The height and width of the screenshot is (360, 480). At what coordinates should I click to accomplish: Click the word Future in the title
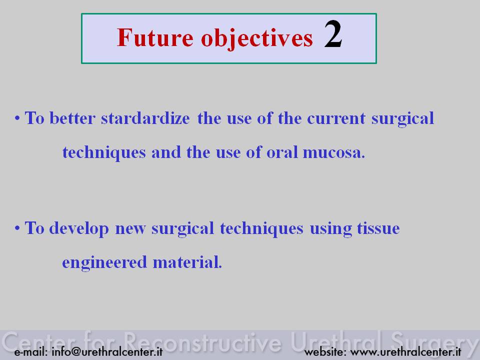155,37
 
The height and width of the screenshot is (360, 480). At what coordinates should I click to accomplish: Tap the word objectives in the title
257,39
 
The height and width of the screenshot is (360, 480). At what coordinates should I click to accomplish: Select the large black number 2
333,34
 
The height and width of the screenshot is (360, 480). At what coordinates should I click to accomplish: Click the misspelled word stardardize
145,118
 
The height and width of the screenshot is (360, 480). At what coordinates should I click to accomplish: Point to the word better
72,118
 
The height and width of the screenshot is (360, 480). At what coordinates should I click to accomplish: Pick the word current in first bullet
336,119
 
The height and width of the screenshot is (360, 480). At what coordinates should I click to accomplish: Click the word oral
282,152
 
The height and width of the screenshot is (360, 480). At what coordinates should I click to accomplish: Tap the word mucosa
333,153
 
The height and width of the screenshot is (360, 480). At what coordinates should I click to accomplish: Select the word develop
79,229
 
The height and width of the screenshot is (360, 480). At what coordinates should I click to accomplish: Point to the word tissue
378,228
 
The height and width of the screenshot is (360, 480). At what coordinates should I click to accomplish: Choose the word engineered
104,263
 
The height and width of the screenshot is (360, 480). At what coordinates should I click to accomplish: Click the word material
187,262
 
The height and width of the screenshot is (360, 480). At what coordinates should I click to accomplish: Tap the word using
331,229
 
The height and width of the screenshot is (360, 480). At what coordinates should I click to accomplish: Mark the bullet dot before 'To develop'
17,228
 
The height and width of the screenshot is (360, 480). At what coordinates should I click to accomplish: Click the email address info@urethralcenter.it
107,351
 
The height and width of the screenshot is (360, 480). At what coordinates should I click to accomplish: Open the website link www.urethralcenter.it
406,351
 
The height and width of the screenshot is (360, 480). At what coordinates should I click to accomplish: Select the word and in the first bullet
166,152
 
